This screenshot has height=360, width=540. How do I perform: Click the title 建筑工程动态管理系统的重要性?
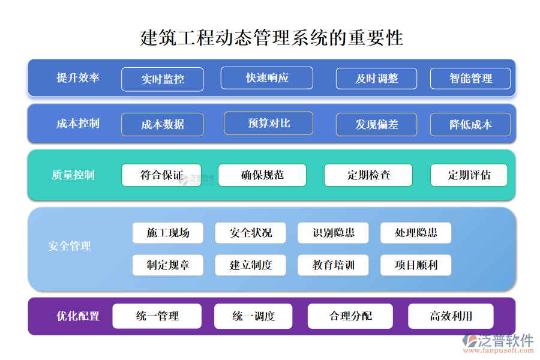point(271,38)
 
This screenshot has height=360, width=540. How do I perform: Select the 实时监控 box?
point(163,79)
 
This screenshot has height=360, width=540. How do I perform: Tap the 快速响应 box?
point(267,78)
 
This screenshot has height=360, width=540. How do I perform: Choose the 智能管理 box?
point(470,79)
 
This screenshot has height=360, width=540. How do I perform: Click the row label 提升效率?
point(78,78)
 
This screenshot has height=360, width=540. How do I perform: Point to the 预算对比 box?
point(268,123)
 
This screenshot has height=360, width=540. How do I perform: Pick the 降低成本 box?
point(470,125)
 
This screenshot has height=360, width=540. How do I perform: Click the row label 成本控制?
point(78,124)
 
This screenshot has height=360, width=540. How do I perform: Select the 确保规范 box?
point(262,175)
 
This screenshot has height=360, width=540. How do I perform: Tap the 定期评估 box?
point(469,175)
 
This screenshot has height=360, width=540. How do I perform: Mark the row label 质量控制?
point(73,175)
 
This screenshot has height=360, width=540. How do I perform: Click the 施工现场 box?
point(168,233)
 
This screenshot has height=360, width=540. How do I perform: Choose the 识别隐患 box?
point(334,233)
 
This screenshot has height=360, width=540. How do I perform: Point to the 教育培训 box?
point(334,265)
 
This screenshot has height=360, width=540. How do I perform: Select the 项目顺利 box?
point(416,265)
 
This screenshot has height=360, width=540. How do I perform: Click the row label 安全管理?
point(70,246)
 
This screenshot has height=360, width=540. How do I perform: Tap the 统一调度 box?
point(253,316)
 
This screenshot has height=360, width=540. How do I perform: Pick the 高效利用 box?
point(451,316)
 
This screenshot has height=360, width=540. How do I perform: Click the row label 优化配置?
point(78,316)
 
